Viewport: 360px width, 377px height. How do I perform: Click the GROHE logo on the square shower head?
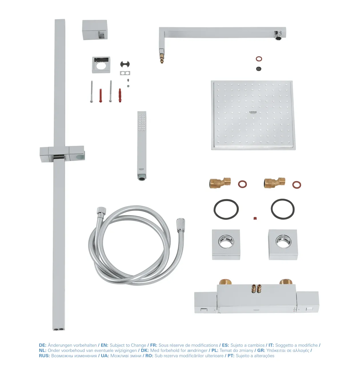point(253,113)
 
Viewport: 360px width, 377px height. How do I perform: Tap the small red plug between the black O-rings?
point(255,218)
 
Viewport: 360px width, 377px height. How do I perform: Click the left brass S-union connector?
point(220,183)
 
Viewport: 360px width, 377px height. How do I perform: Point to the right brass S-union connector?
point(274,183)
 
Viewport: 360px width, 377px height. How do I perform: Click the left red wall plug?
point(101,95)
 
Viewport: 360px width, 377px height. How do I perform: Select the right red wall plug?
point(120,95)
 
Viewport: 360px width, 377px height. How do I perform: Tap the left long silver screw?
point(91,91)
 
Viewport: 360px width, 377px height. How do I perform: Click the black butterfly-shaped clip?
point(125,64)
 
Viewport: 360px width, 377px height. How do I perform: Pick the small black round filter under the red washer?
point(259,69)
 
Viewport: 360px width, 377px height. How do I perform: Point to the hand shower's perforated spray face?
point(142,122)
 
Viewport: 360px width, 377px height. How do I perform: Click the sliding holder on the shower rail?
point(62,154)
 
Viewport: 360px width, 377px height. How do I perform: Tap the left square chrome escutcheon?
point(226,244)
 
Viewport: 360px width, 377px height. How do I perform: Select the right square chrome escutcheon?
point(283,244)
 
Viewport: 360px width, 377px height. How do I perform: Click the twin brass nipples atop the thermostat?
point(257,288)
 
